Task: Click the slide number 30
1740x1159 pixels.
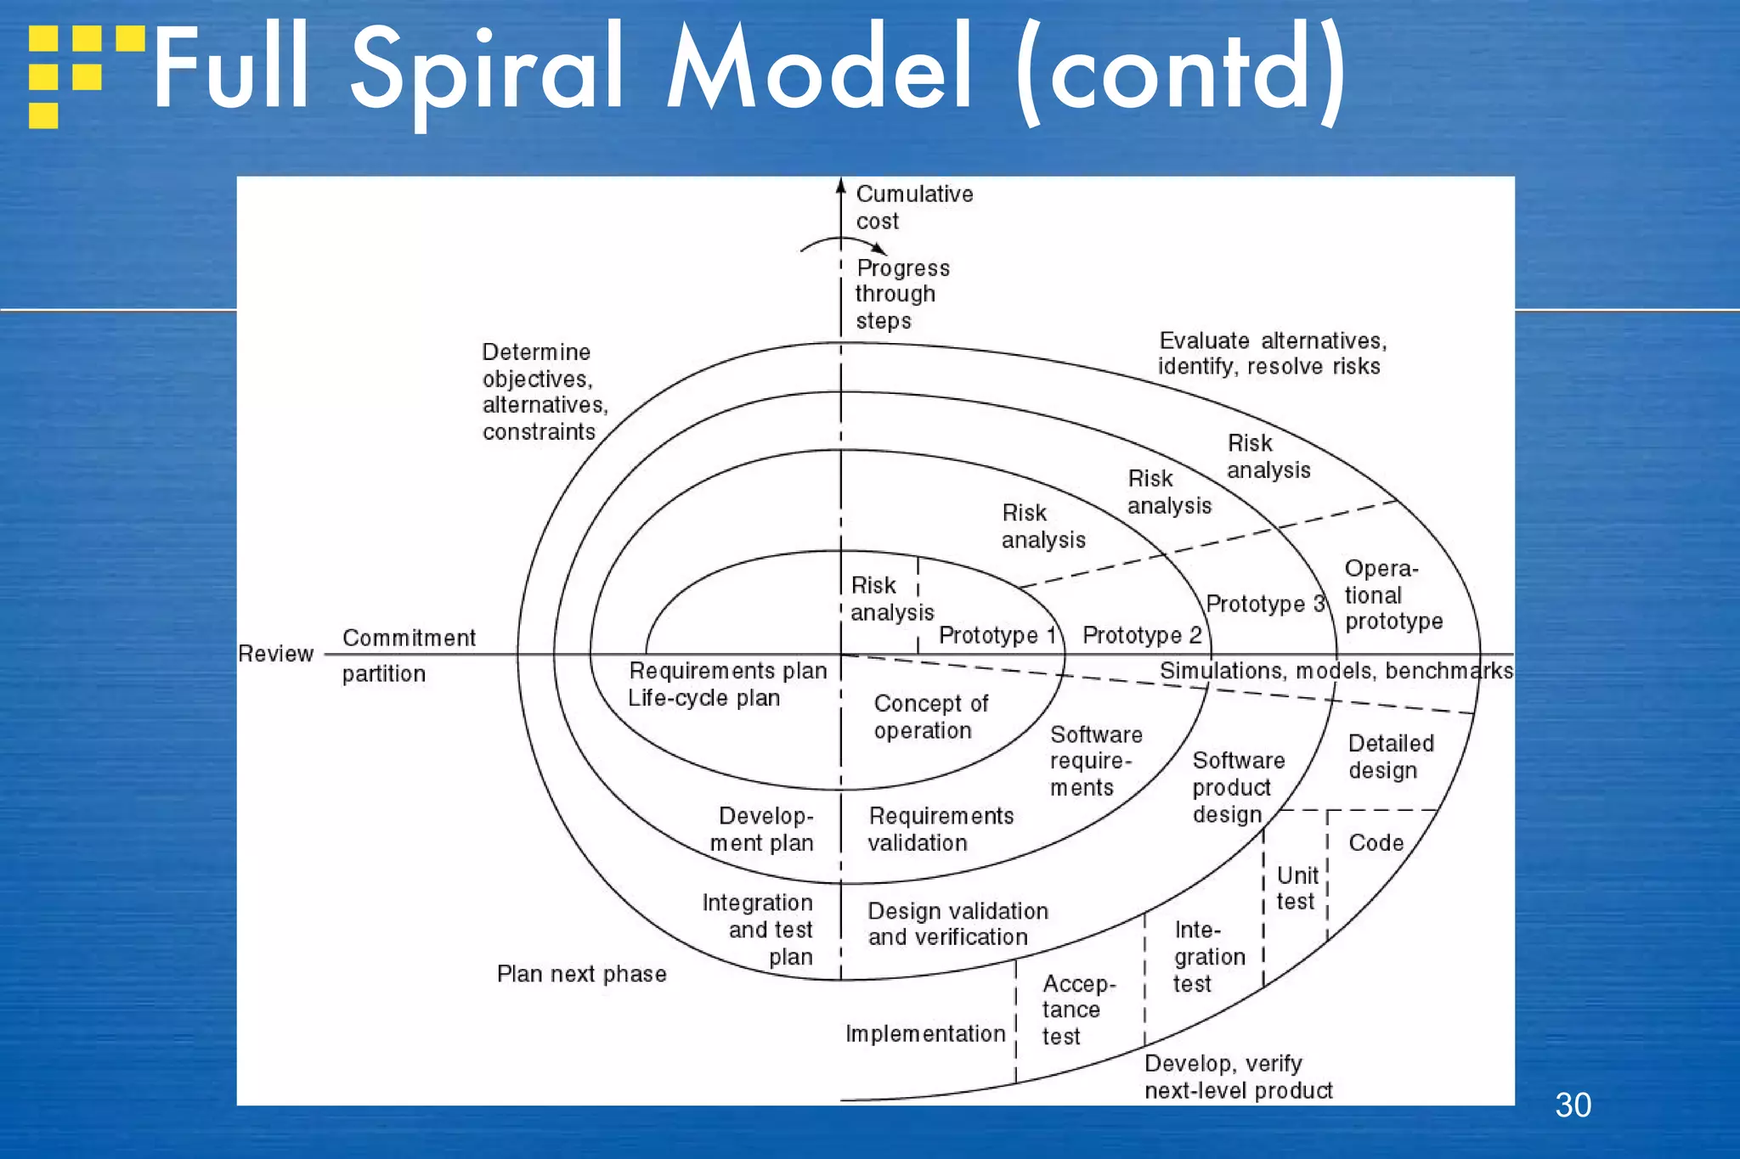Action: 1573,1106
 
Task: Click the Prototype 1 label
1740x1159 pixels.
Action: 996,635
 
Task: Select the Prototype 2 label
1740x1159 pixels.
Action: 1141,635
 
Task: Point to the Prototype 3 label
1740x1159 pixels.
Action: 1265,604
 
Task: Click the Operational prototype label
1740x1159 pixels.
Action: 1392,595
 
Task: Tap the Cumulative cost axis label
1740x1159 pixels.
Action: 913,207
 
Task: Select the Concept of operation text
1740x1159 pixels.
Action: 929,717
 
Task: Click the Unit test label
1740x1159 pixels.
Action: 1297,888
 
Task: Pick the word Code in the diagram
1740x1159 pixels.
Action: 1376,842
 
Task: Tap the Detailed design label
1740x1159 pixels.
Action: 1390,757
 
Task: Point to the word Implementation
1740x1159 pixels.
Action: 924,1033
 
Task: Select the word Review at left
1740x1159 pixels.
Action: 275,654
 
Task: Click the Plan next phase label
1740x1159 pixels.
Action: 581,974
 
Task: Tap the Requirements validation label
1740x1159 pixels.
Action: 940,829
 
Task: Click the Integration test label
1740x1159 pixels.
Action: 1207,957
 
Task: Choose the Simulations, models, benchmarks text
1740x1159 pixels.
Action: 1336,671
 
